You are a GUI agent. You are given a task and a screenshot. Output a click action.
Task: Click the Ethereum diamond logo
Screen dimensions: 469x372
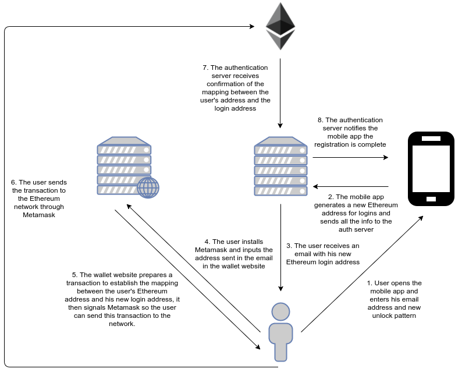pyautogui.click(x=280, y=26)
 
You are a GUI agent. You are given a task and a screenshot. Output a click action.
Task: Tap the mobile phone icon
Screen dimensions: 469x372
pyautogui.click(x=431, y=169)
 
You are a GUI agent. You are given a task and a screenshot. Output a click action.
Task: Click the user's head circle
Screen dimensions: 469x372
pyautogui.click(x=280, y=311)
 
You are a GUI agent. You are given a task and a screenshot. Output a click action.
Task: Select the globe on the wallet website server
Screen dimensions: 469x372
pyautogui.click(x=148, y=187)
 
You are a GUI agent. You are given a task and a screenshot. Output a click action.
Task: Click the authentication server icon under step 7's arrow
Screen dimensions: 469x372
pyautogui.click(x=280, y=166)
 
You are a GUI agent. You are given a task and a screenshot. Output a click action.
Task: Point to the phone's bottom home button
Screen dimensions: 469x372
pyautogui.click(x=431, y=199)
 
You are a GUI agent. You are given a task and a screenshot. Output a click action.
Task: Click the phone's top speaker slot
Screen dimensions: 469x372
pyautogui.click(x=431, y=139)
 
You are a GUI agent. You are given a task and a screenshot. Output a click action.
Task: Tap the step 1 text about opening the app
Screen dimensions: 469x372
pyautogui.click(x=394, y=299)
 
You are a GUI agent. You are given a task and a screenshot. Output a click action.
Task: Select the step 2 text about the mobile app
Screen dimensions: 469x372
pyautogui.click(x=356, y=213)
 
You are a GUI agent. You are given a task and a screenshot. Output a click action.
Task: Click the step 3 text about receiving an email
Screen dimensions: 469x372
pyautogui.click(x=323, y=254)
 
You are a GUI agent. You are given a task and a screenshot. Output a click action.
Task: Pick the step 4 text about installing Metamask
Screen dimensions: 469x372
pyautogui.click(x=233, y=254)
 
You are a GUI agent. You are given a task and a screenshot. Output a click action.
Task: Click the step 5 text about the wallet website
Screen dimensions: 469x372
pyautogui.click(x=122, y=299)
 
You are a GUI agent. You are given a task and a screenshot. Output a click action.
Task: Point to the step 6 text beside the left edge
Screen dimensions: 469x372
pyautogui.click(x=39, y=199)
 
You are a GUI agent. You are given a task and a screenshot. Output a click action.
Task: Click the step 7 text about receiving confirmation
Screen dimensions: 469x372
pyautogui.click(x=235, y=88)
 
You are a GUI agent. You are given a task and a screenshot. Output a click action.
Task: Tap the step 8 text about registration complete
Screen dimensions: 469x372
pyautogui.click(x=350, y=132)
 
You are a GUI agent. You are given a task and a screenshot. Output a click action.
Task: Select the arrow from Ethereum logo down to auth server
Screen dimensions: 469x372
pyautogui.click(x=280, y=93)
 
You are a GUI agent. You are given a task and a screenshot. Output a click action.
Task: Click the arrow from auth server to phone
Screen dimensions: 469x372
pyautogui.click(x=350, y=157)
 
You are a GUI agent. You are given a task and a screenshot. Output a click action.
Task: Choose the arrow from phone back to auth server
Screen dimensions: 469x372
pyautogui.click(x=350, y=186)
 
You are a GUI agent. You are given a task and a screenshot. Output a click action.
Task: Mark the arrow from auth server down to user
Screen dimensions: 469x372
pyautogui.click(x=280, y=247)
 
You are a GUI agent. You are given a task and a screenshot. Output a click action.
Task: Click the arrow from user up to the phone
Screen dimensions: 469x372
pyautogui.click(x=362, y=274)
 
